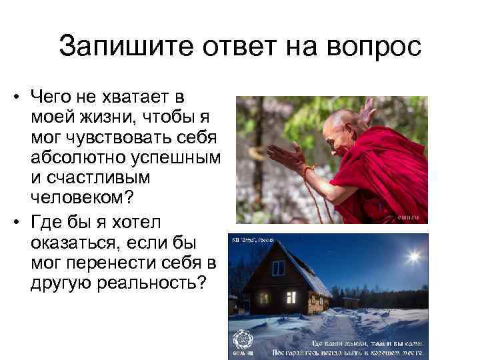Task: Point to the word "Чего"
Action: (53, 98)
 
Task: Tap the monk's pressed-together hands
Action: (286, 160)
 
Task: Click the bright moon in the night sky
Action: (414, 256)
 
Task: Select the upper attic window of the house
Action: (278, 267)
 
